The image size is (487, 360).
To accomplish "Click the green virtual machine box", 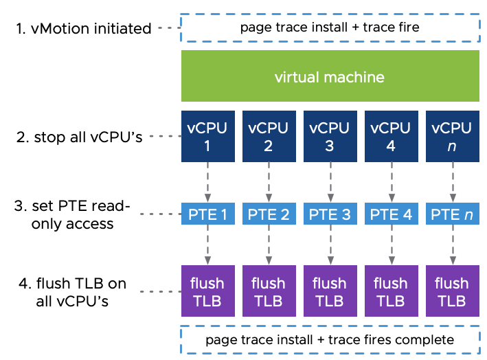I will [329, 76].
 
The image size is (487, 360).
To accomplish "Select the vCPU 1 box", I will [207, 136].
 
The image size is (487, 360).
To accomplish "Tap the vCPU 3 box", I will [329, 136].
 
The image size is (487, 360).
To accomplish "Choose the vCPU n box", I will [451, 136].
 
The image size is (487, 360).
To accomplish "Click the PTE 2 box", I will [268, 214].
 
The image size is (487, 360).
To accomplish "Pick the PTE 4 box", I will [390, 214].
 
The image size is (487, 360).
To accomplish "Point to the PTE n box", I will [451, 214].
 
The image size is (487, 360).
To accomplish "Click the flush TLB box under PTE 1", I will [207, 291].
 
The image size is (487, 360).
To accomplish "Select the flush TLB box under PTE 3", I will [329, 291].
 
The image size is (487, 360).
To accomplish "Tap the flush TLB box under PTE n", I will [451, 291].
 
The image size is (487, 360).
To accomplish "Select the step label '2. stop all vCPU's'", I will [79, 137].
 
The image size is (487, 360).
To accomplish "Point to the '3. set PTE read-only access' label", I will [72, 214].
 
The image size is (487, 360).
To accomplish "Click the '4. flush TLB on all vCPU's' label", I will [71, 291].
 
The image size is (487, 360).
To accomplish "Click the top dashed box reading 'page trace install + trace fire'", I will [329, 28].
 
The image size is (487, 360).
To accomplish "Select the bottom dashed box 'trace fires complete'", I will [329, 339].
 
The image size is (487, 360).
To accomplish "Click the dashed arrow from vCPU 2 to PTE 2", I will [268, 182].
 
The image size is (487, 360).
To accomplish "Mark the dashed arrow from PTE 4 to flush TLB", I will [390, 245].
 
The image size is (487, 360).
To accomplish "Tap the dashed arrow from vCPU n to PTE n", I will [451, 182].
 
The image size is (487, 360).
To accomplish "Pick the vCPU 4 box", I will [390, 136].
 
